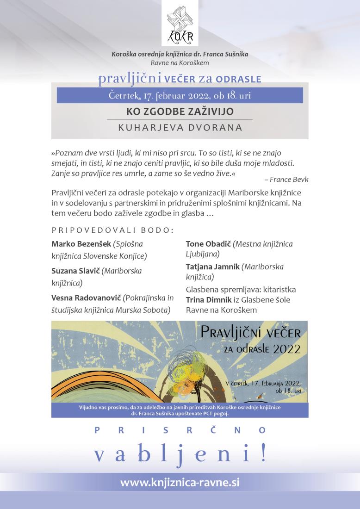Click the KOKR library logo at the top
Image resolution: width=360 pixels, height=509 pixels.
(180, 23)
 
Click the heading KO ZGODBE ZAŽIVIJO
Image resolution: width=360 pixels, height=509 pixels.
(180, 112)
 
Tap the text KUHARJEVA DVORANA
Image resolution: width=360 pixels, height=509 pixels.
(180, 127)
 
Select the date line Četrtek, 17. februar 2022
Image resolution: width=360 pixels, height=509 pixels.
(180, 95)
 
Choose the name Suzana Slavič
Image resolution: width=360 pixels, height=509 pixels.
(74, 271)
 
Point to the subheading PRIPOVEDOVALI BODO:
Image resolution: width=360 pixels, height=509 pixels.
(112, 230)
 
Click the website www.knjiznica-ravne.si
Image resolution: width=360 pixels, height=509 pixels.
(180, 482)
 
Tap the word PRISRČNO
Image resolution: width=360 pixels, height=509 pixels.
(180, 430)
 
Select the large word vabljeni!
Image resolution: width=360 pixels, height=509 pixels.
(180, 454)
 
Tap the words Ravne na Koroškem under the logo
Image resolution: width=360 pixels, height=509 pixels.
(180, 62)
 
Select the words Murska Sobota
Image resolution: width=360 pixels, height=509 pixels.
(147, 309)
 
